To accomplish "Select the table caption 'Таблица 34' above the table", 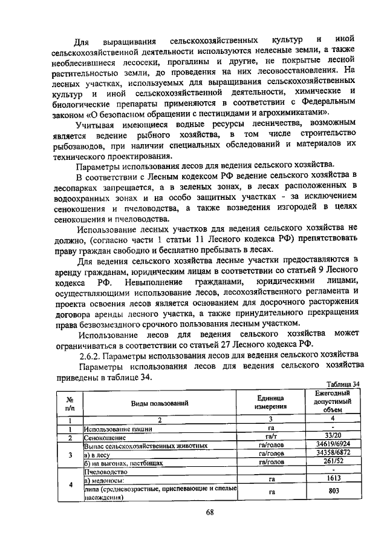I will coord(343,384).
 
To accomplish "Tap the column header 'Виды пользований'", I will coord(160,403).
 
